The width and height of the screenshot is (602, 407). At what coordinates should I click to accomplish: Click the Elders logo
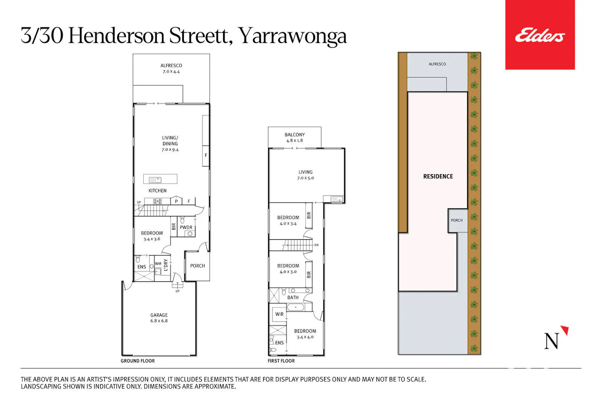pos(540,35)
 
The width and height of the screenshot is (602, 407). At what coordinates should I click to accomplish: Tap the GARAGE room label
pos(159,315)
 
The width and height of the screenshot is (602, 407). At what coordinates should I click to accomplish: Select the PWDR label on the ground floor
pos(186,227)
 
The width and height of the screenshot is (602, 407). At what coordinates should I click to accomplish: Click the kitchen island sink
pos(155,179)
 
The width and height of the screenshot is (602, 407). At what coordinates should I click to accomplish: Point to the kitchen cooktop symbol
pos(157,201)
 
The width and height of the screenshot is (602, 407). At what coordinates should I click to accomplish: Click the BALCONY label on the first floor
pos(295,134)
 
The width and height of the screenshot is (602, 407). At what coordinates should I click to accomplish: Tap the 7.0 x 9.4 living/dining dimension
pos(170,149)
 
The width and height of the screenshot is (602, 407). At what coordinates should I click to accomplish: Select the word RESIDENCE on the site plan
pos(438,176)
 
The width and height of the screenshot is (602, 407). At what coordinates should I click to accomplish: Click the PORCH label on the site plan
pos(457,220)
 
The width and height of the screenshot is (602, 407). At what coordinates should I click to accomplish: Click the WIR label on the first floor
pos(279,314)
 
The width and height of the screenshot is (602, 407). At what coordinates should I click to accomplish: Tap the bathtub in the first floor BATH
pos(296,307)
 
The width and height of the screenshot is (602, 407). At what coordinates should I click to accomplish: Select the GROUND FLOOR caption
pos(138,361)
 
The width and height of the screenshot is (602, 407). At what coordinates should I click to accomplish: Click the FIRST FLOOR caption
pos(281,361)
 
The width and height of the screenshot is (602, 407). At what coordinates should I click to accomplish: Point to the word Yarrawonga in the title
pos(293,36)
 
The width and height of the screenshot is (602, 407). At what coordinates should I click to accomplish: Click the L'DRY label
pos(165,265)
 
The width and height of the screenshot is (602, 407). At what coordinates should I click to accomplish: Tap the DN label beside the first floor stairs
pos(316,245)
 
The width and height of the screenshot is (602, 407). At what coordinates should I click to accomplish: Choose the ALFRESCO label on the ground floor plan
pos(171,65)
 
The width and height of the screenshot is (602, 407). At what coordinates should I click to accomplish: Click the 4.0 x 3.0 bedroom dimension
pos(288,271)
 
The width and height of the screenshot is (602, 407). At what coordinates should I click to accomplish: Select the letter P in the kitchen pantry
pos(176,201)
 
